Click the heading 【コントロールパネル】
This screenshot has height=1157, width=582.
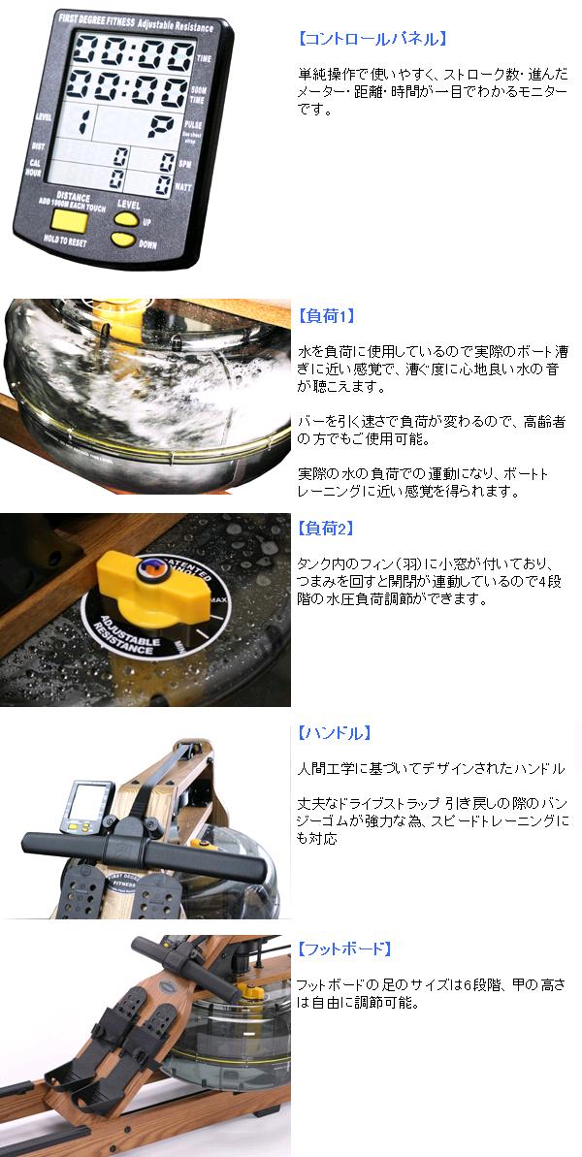[371, 40]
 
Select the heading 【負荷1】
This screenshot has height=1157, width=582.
[326, 316]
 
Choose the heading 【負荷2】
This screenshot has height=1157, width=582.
[326, 529]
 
